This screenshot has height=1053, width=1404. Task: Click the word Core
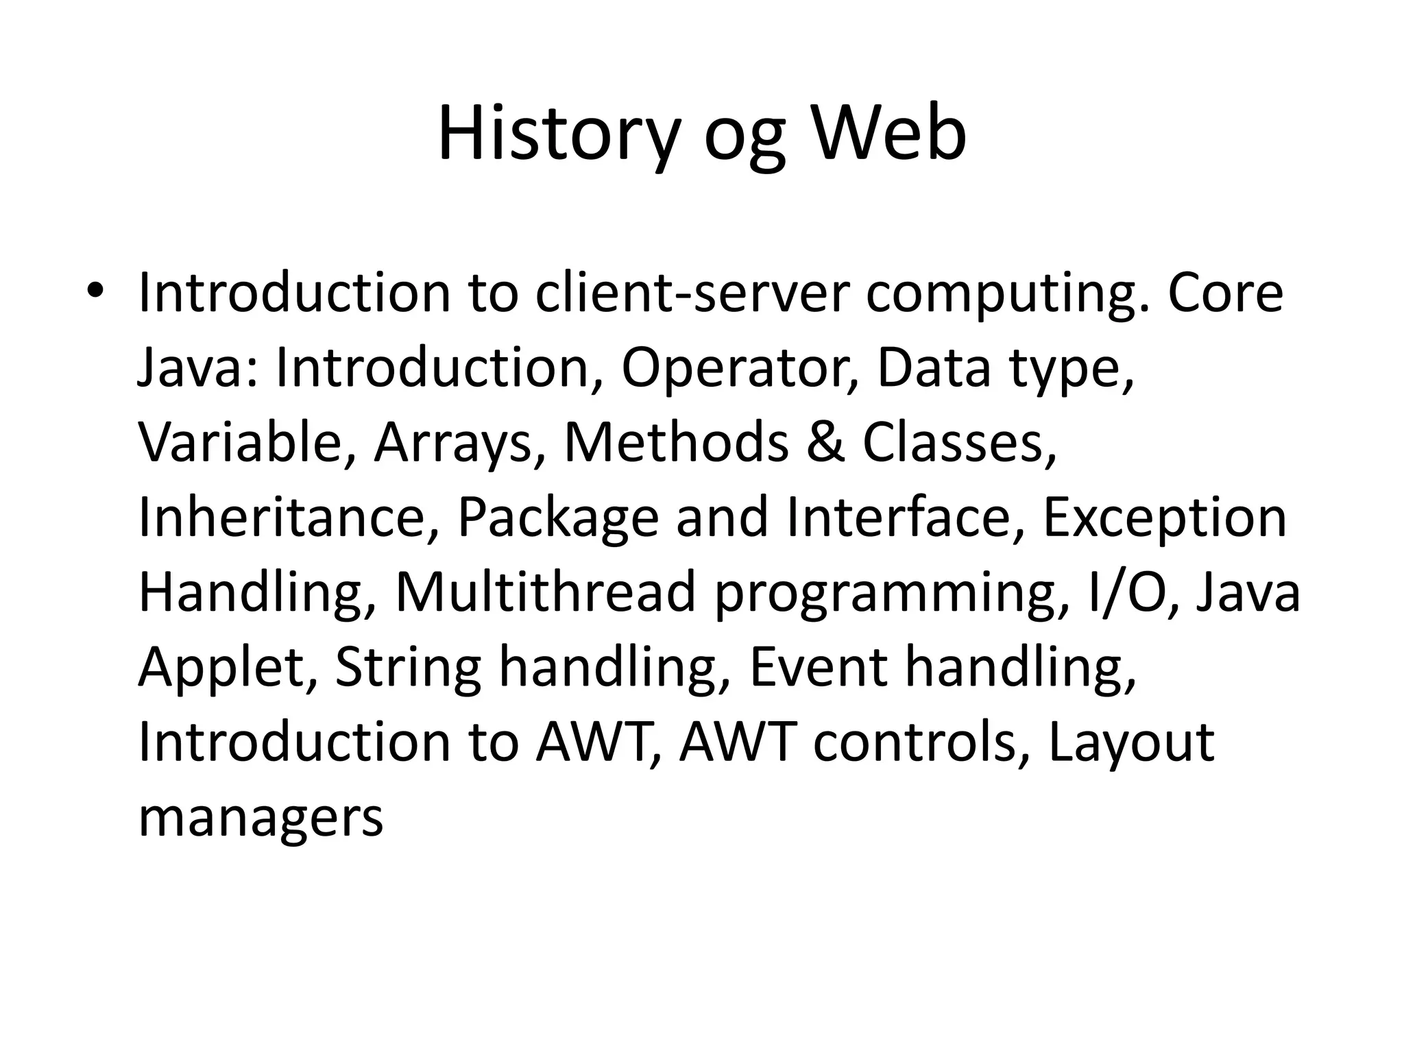tap(1225, 293)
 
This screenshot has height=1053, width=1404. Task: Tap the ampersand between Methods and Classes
tap(825, 443)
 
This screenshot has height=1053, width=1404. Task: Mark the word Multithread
tap(546, 592)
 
